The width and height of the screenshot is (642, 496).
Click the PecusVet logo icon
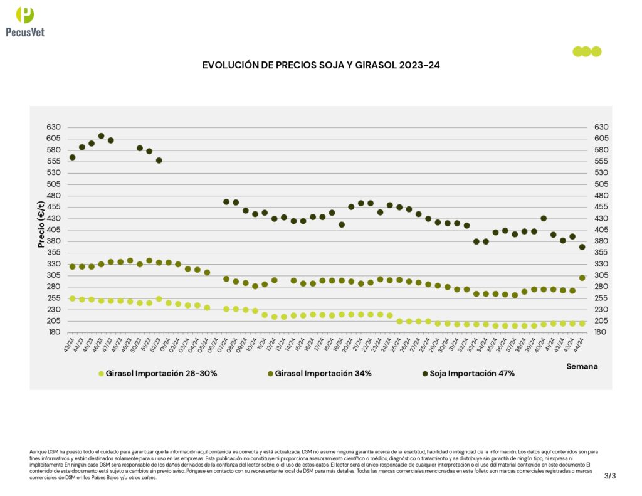coord(25,15)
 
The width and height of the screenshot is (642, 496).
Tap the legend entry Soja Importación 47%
coord(468,374)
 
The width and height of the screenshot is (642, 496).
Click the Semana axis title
coord(582,366)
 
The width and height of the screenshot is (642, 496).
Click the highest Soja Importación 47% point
coord(101,136)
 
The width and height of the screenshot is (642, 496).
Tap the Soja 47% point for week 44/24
coord(582,247)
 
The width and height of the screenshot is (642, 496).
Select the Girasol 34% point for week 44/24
coord(582,278)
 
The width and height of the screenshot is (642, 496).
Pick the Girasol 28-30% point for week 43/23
coord(72,298)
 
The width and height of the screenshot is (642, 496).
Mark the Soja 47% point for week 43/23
coord(72,157)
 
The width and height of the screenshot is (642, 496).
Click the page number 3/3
coord(610,476)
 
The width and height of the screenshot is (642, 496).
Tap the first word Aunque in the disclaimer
coord(38,451)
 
